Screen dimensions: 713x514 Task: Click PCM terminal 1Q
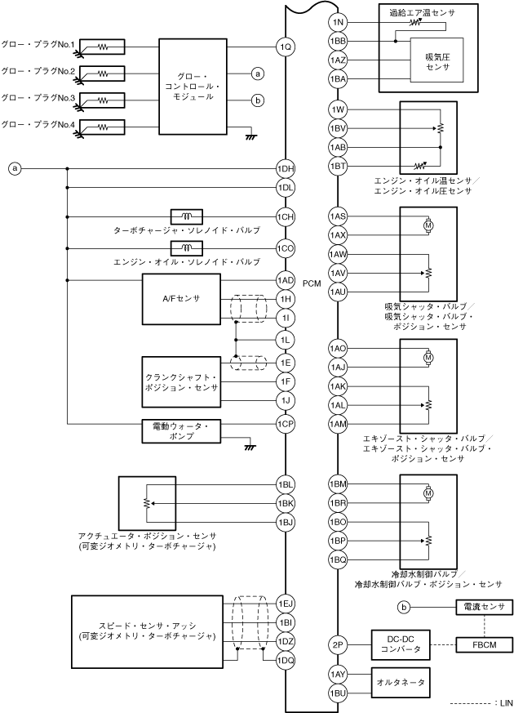click(x=285, y=47)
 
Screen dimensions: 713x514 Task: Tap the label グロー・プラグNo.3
click(x=39, y=98)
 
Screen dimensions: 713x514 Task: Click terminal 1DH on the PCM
click(x=285, y=169)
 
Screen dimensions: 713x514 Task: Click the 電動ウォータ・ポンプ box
click(x=181, y=431)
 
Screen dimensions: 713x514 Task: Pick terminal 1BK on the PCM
click(x=285, y=503)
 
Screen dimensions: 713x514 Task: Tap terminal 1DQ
click(x=285, y=660)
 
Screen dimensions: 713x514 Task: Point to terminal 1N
click(x=339, y=21)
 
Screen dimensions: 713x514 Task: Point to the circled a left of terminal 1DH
click(x=14, y=169)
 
